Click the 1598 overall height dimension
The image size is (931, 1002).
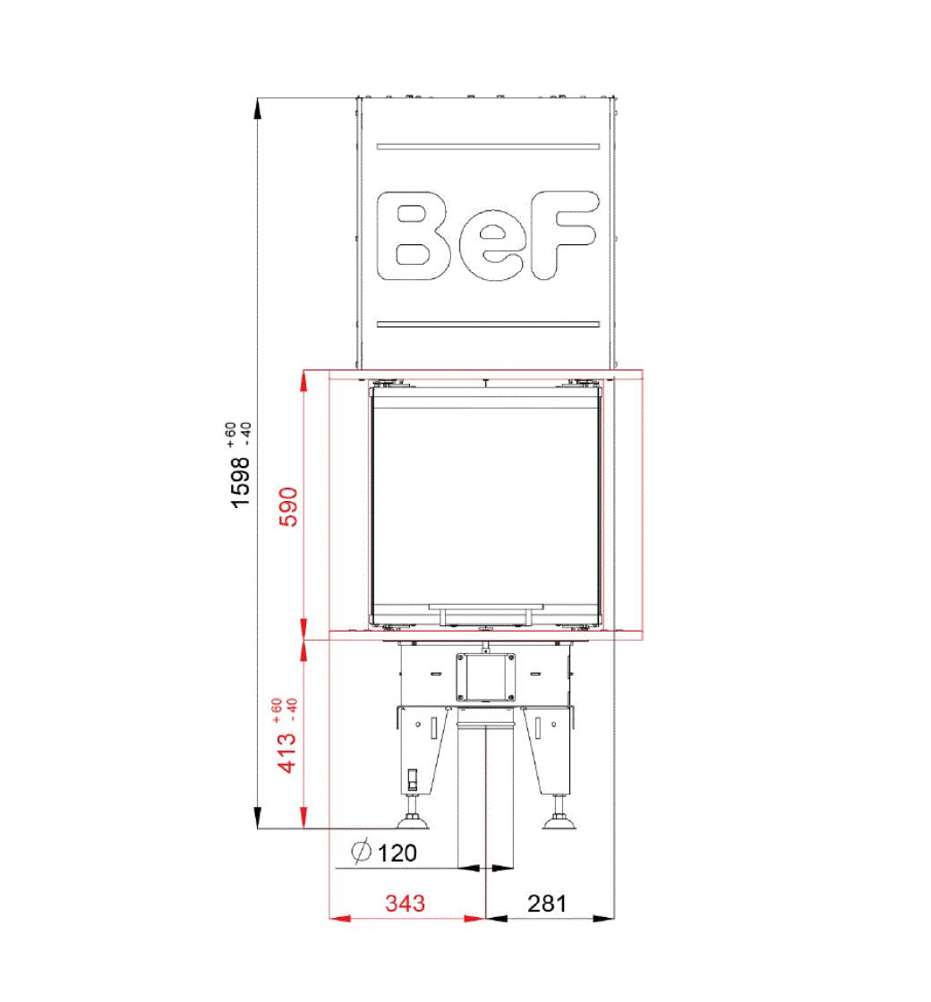(x=241, y=482)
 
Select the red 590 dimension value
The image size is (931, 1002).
(x=289, y=506)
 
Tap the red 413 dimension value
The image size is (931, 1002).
(x=287, y=752)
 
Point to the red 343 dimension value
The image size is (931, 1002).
(x=405, y=903)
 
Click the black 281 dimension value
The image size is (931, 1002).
(x=547, y=903)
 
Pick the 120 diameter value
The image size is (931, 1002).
(x=397, y=853)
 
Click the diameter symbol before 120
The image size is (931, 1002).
(x=362, y=851)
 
